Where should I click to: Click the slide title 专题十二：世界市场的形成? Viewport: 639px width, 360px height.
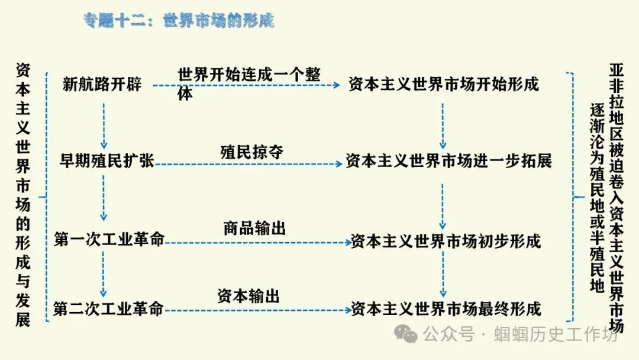(179, 21)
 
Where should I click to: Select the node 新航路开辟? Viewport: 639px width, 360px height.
(102, 84)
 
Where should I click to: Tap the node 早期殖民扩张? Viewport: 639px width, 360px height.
(107, 160)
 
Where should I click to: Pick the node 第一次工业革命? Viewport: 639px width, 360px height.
(109, 240)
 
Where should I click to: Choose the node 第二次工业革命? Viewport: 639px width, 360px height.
(108, 308)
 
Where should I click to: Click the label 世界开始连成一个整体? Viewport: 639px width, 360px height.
(248, 83)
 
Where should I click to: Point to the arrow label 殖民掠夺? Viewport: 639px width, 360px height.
(252, 152)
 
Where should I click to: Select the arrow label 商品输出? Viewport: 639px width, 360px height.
(254, 228)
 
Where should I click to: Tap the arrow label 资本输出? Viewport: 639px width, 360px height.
(248, 296)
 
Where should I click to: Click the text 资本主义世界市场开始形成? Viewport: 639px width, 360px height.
(444, 84)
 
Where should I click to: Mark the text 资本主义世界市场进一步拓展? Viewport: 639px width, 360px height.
(448, 160)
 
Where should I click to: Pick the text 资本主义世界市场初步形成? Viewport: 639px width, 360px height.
(446, 241)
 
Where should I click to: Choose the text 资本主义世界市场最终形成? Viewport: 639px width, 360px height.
(446, 308)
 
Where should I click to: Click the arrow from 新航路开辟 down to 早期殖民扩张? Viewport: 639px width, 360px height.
(104, 126)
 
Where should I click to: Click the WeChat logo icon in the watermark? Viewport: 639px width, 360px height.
(407, 335)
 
